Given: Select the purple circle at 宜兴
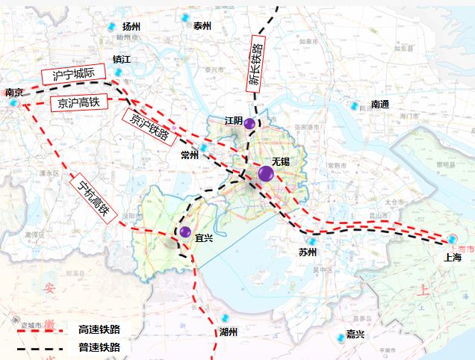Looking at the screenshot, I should point(186,232).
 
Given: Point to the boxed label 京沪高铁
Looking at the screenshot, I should point(79,102).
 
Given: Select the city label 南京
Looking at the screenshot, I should point(14,93).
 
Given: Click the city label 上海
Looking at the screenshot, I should point(453,257).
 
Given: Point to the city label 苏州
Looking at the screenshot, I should point(308,252).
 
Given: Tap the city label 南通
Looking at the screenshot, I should point(380,105).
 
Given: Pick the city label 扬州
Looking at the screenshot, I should point(131,27).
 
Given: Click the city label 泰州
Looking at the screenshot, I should point(202,25).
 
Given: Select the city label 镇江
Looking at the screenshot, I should point(121,59).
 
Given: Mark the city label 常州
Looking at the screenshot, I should point(190,155).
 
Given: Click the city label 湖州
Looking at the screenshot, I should point(229,332).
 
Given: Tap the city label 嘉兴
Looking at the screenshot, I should point(355,335).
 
